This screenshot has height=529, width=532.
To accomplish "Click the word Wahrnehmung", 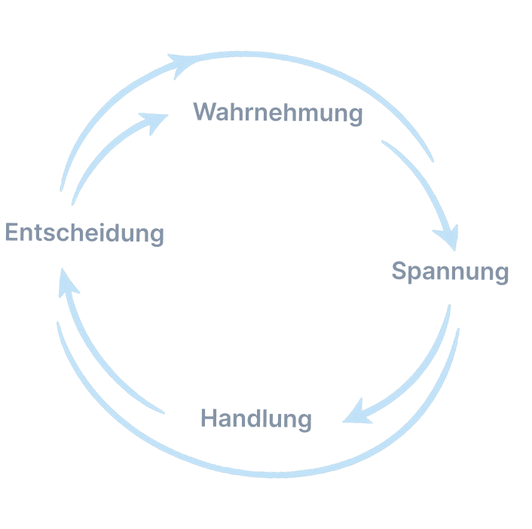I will click(x=278, y=114).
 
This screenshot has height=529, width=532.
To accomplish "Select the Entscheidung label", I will click(x=84, y=233).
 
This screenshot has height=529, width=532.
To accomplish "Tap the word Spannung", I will click(x=450, y=271).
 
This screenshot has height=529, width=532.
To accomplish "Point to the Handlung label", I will click(x=256, y=418).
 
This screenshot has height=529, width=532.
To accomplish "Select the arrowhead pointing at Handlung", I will click(x=356, y=413).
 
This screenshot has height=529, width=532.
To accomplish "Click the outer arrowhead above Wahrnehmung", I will click(x=181, y=63).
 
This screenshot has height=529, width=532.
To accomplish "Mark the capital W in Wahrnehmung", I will click(x=204, y=113).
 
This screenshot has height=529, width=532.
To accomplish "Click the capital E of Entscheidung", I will click(x=12, y=233).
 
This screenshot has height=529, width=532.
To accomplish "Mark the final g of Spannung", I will click(x=501, y=274).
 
